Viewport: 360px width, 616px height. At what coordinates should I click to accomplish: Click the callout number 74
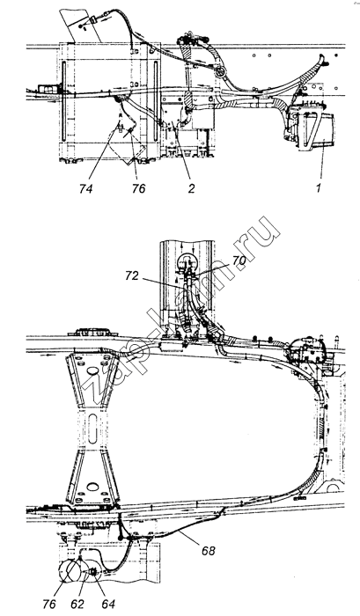85,189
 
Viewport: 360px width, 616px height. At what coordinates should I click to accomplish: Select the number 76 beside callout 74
138,189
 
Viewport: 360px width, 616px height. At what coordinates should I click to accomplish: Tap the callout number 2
191,189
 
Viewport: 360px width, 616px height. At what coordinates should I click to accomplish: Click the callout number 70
238,260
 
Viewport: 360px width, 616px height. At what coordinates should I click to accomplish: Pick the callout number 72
132,275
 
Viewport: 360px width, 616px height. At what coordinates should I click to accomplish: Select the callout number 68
209,551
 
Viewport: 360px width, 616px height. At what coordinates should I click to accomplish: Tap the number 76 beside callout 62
49,604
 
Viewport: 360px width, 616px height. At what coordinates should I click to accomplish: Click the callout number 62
77,604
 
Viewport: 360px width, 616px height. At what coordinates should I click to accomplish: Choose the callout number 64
108,604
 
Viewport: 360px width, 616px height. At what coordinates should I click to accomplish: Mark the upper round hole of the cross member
92,370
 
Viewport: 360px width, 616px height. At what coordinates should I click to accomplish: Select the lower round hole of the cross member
92,488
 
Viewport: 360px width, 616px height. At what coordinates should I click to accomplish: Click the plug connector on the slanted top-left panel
94,19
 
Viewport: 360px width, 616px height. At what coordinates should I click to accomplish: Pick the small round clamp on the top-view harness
220,72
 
